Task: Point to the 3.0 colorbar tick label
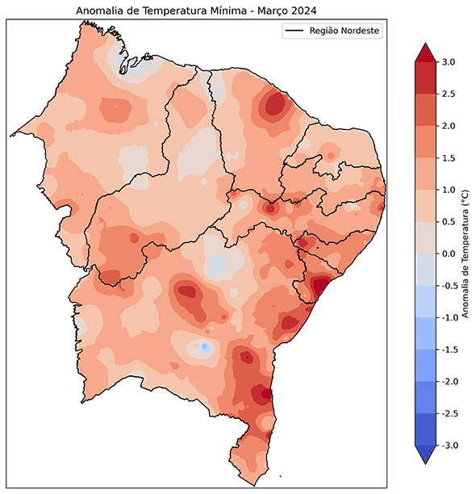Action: point(449,62)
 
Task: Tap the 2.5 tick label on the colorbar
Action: point(449,94)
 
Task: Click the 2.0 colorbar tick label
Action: point(449,126)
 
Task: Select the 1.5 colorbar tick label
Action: point(449,158)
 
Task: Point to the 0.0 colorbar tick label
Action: point(449,253)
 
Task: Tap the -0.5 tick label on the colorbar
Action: point(447,286)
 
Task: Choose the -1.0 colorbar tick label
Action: point(447,317)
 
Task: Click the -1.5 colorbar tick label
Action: point(447,350)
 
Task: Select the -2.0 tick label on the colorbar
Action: point(447,381)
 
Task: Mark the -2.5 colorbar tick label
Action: point(447,413)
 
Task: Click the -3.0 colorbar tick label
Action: point(447,445)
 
